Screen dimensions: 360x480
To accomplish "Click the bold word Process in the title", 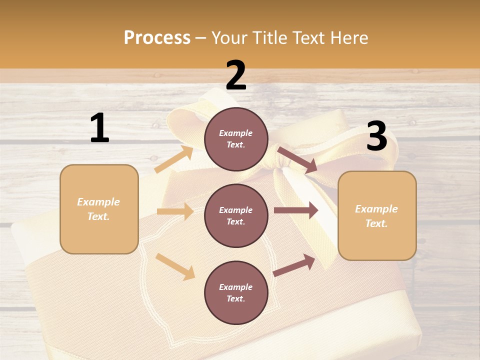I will (x=157, y=37).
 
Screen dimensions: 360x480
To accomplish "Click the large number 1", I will (x=99, y=128).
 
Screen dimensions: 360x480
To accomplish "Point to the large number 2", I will (x=236, y=76).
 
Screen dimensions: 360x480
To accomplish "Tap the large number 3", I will (x=376, y=137).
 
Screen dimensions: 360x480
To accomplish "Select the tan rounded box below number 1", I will (x=99, y=209).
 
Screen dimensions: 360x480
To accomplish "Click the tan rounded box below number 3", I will (x=376, y=216).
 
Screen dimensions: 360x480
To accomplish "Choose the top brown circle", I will (x=236, y=139).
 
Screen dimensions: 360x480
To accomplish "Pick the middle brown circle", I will (x=236, y=215).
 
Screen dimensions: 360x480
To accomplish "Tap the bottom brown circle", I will (x=236, y=292).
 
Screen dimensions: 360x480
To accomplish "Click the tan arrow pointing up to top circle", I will (x=174, y=159).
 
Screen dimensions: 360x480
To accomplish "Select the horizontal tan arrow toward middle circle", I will (x=175, y=211).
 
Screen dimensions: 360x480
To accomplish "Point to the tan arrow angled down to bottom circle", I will (x=175, y=266).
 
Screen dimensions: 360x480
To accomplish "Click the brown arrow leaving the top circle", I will (x=297, y=160).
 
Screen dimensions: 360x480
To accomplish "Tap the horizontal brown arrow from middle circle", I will (x=296, y=210).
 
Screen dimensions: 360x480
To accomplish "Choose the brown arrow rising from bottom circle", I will (x=294, y=265).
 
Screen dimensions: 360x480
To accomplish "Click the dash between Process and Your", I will (x=201, y=38).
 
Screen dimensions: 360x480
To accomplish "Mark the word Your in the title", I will (x=229, y=37).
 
